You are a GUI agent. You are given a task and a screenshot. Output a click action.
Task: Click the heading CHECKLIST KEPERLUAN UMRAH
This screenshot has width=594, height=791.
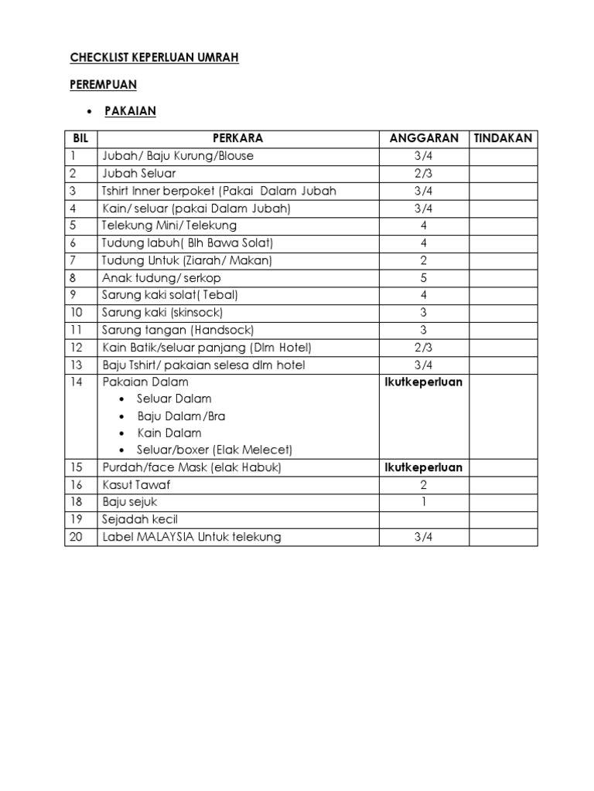(155, 58)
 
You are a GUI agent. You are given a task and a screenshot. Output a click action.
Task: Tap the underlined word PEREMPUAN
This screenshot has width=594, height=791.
(104, 84)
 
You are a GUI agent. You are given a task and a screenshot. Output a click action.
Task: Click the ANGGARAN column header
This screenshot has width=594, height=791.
(424, 138)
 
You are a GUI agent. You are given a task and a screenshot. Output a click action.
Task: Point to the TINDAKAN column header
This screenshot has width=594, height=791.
(502, 138)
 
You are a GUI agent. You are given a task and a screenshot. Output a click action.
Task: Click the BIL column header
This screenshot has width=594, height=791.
(80, 138)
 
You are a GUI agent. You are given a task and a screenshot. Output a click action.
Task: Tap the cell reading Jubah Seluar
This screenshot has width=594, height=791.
(139, 173)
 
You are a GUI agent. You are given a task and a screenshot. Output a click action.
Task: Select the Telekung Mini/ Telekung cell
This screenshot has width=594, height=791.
(169, 226)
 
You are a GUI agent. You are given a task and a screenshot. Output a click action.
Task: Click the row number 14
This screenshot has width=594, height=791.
(76, 382)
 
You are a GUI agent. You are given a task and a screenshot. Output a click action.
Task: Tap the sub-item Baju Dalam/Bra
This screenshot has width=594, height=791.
(181, 416)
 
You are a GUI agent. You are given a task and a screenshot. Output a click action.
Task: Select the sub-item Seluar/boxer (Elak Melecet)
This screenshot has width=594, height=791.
(214, 450)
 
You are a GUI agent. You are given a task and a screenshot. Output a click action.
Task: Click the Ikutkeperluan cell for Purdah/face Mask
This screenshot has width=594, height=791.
(424, 467)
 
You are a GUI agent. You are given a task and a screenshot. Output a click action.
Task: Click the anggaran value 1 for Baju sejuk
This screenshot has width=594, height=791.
(424, 502)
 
